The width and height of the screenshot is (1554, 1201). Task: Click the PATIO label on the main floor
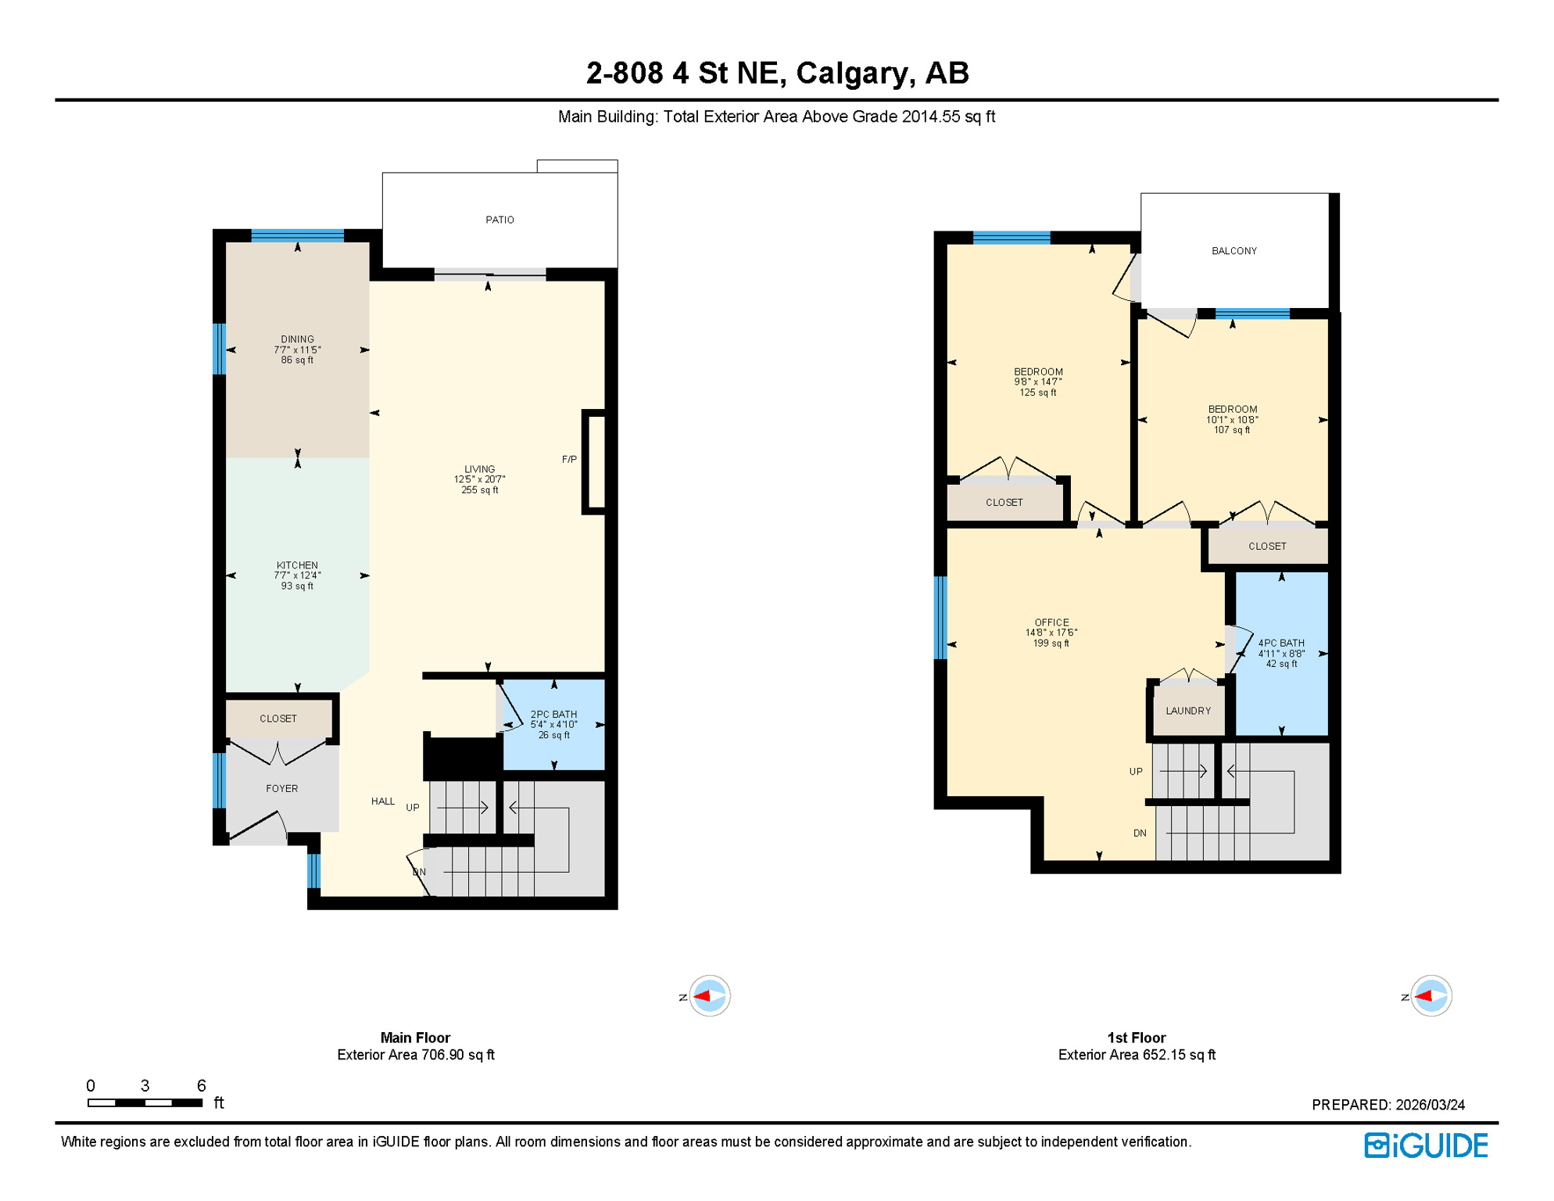point(499,220)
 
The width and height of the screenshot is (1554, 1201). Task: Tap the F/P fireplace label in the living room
point(569,459)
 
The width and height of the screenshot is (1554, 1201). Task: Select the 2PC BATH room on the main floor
point(553,724)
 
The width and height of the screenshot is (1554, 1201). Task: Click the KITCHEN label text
point(297,565)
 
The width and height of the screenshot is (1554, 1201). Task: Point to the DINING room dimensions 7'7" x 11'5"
point(297,350)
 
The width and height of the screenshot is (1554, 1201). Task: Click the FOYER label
point(281,788)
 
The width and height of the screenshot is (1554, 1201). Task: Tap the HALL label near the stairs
point(382,801)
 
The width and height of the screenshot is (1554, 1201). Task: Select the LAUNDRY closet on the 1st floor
point(1187,710)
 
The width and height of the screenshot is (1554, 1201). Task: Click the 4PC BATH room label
point(1280,643)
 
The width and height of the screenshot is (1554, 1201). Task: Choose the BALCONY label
point(1234,250)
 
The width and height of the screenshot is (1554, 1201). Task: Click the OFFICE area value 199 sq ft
point(1051,644)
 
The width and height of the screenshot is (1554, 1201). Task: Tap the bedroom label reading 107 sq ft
point(1232,419)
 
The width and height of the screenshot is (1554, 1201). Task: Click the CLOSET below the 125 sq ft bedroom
point(1004,502)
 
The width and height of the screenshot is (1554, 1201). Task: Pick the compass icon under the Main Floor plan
point(709,995)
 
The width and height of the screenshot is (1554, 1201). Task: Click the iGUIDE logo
point(1426,1145)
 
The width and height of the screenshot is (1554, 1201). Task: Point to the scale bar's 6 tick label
point(201,1085)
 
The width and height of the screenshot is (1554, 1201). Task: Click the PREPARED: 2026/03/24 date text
point(1387,1104)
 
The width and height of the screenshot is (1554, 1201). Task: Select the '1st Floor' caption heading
point(1136,1038)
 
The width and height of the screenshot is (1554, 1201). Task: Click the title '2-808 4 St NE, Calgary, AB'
point(777,73)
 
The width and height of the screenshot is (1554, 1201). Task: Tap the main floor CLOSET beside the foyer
point(278,718)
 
